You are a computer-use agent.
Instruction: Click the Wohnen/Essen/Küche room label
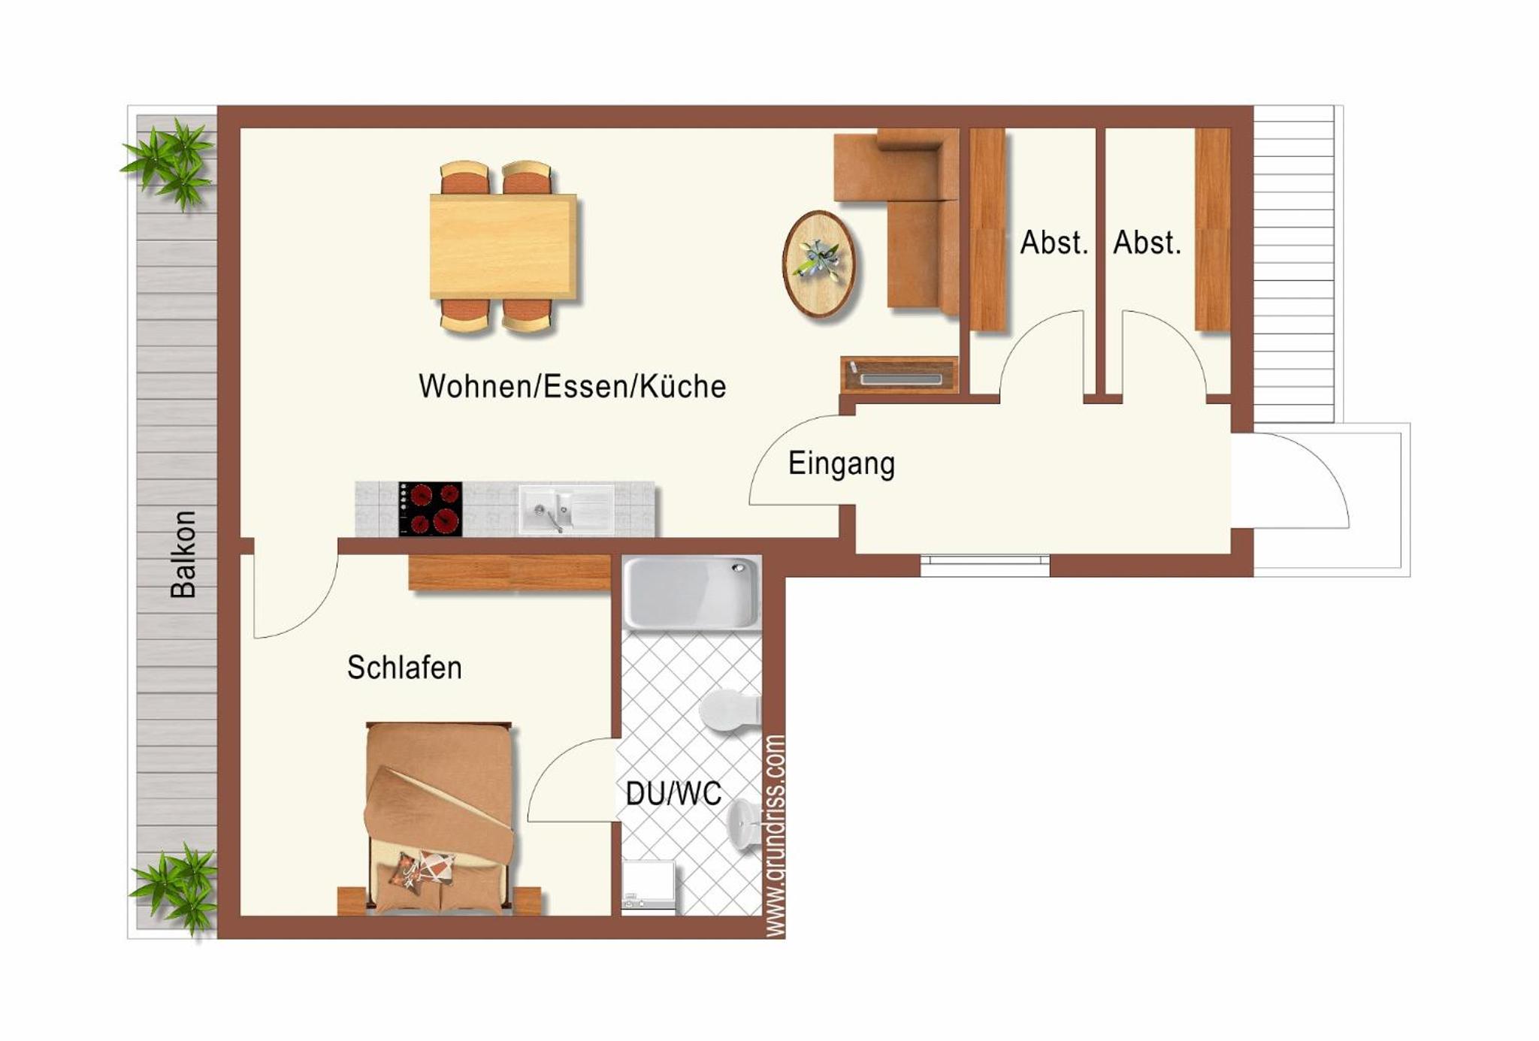click(x=573, y=386)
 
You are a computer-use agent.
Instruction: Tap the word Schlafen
click(x=404, y=668)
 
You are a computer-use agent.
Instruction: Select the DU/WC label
click(x=673, y=793)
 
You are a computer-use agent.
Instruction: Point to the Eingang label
click(x=842, y=464)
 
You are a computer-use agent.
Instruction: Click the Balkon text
click(x=183, y=554)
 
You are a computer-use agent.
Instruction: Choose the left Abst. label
click(x=1054, y=243)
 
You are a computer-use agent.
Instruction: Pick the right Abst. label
click(x=1147, y=243)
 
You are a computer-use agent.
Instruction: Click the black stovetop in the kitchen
click(x=431, y=508)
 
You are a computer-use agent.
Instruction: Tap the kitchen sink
click(x=565, y=508)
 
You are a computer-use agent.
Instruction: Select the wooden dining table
click(x=503, y=246)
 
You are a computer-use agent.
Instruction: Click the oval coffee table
click(x=819, y=264)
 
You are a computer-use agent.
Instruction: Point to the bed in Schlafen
click(x=440, y=819)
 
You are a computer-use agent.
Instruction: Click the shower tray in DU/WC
click(x=691, y=592)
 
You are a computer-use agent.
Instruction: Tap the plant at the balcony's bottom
click(x=175, y=889)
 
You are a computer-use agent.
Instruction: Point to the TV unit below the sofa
click(x=900, y=375)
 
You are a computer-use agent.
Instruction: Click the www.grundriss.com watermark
click(x=775, y=836)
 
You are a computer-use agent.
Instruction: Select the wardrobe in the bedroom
click(x=509, y=572)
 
